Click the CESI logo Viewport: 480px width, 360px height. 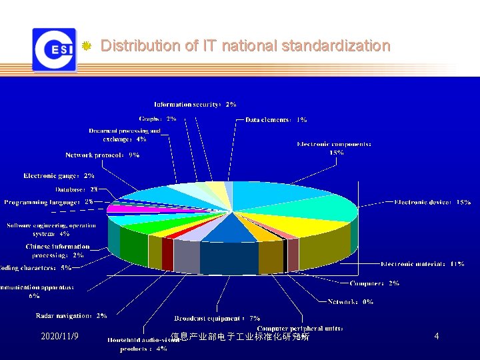pos(54,49)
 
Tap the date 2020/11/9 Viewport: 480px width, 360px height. pos(59,337)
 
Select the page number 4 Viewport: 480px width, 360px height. pos(436,337)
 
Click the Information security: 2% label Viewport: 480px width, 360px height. pos(195,105)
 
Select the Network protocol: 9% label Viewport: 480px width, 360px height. pos(102,155)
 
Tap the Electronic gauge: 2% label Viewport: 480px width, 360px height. pos(59,176)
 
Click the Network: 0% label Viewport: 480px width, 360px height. pos(350,302)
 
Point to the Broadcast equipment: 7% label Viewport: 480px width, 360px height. pos(217,319)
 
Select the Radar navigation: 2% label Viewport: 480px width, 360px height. pos(71,316)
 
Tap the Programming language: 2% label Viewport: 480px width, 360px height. pos(49,201)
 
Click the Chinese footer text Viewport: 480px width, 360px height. pos(240,337)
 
